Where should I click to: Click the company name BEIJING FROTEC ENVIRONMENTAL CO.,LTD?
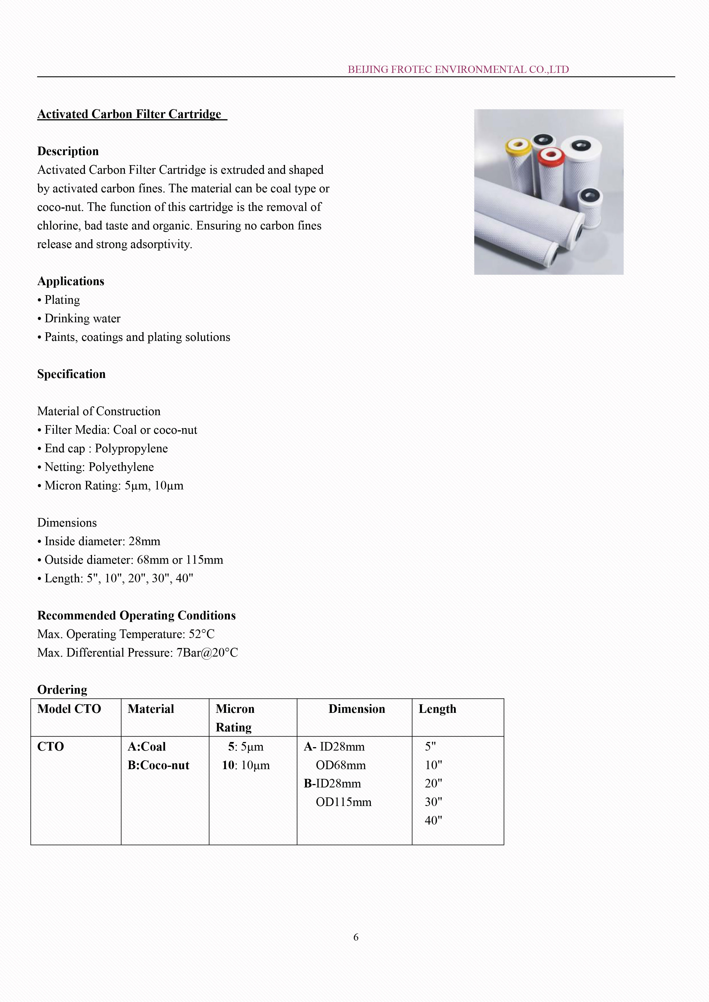[458, 69]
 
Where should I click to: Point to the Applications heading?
[71, 281]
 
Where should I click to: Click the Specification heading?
[71, 374]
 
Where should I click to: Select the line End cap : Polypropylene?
[106, 448]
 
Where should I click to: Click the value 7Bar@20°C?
[207, 653]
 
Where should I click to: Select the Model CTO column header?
[69, 709]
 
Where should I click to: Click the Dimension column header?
[357, 709]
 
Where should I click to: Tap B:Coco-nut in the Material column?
[158, 765]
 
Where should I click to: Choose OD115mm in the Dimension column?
[344, 802]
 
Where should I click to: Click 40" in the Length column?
[433, 821]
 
